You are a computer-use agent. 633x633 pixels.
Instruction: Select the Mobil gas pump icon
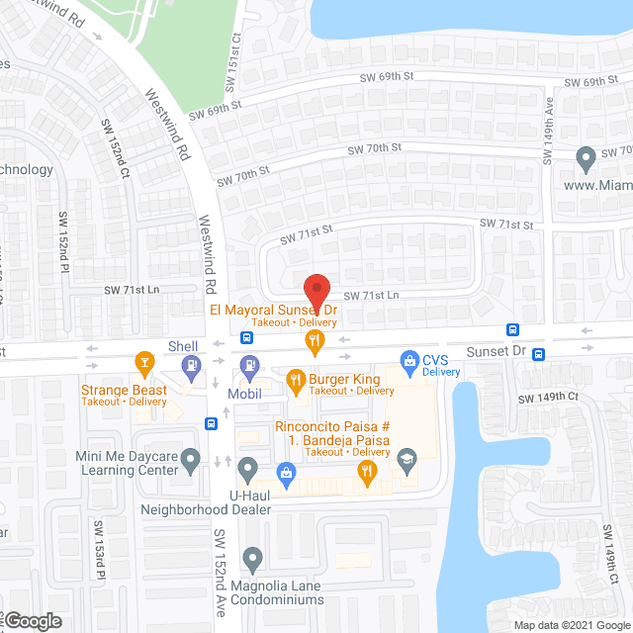249,364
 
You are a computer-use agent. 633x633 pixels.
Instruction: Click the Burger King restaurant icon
295,378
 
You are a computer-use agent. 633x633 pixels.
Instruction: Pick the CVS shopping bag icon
406,359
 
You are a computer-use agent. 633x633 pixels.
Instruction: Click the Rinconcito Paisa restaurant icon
369,475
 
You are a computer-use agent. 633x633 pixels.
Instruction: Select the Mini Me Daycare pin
192,458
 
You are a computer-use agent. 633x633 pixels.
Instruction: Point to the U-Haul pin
248,467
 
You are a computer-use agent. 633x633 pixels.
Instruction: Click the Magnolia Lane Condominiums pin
253,559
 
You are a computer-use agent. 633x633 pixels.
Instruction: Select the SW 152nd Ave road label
221,570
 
